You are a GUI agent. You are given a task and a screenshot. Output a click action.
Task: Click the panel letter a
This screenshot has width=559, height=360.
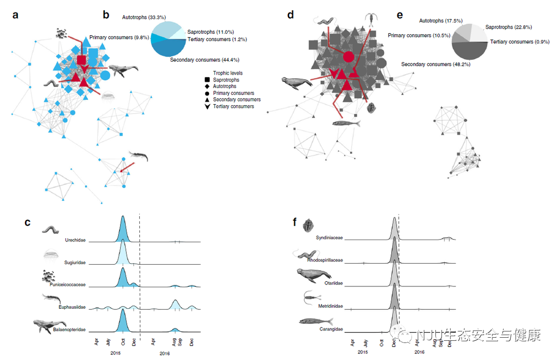tap(16, 15)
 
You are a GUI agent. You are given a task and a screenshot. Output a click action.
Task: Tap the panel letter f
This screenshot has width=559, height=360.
tap(295, 222)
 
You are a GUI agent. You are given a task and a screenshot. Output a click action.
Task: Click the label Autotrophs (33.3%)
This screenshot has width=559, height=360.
tap(143, 17)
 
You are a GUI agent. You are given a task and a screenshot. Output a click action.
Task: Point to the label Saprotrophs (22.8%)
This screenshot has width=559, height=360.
tap(508, 27)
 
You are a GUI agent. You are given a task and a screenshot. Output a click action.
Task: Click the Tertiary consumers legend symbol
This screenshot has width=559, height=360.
tap(208, 106)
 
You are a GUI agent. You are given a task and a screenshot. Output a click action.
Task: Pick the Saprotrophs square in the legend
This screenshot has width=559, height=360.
tap(208, 80)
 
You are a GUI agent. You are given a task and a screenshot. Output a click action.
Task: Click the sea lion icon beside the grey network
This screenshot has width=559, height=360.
tap(296, 83)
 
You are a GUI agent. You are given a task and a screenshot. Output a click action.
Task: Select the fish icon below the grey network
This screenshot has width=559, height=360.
tap(346, 123)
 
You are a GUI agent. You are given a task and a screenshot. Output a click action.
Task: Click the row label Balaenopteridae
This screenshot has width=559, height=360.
tap(69, 329)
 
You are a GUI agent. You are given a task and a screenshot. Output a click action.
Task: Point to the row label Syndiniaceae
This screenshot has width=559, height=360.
tap(329, 238)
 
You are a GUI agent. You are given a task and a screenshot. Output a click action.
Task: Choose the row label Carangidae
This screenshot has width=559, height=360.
tap(331, 328)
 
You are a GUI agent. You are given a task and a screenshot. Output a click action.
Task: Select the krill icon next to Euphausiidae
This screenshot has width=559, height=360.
tap(52, 299)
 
